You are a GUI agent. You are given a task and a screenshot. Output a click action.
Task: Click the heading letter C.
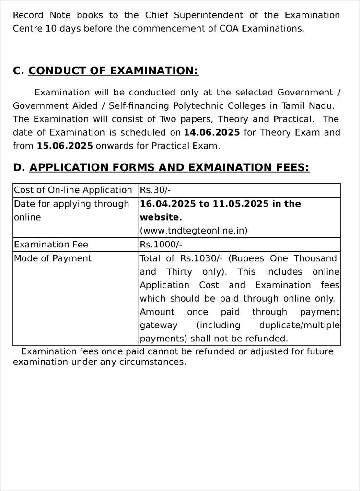(x=18, y=71)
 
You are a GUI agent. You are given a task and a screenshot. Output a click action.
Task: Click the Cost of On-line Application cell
(x=73, y=190)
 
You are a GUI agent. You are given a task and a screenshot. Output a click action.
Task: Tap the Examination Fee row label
(x=51, y=245)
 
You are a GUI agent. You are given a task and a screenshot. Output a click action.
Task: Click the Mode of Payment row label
(x=53, y=258)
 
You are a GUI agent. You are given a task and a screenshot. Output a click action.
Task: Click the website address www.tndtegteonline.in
(x=194, y=231)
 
